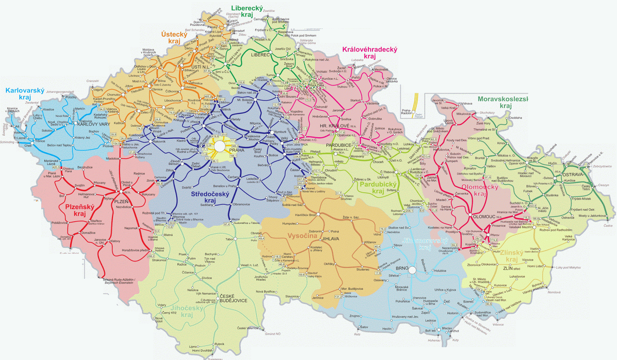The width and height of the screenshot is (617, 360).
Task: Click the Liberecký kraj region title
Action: tap(247, 11)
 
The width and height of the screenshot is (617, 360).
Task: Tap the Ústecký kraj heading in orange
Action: tap(174, 37)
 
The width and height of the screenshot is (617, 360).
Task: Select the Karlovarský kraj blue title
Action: tap(25, 94)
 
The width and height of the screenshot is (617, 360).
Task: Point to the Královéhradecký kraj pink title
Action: tap(369, 52)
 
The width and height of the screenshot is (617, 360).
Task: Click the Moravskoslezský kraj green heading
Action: tap(503, 102)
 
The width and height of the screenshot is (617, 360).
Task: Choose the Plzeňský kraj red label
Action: tap(79, 210)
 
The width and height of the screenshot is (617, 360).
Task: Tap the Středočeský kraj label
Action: tap(210, 197)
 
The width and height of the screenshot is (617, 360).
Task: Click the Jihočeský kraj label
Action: tap(187, 311)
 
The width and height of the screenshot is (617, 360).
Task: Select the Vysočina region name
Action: tap(302, 236)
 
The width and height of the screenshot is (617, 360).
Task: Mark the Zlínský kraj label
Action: tap(511, 256)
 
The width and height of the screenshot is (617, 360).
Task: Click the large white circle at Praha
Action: tap(219, 146)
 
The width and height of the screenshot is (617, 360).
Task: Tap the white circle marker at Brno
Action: tap(412, 270)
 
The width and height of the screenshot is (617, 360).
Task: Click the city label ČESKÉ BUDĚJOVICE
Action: tap(233, 298)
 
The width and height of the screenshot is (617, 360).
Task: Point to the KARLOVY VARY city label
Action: tap(93, 124)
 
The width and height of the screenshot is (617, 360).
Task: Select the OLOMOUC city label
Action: tap(484, 217)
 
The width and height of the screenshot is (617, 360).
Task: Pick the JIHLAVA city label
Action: tap(330, 239)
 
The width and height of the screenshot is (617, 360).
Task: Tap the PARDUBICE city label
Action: tap(339, 145)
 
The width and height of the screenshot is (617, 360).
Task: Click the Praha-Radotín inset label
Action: tap(406, 112)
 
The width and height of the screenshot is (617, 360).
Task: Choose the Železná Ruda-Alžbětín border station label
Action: tap(118, 281)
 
